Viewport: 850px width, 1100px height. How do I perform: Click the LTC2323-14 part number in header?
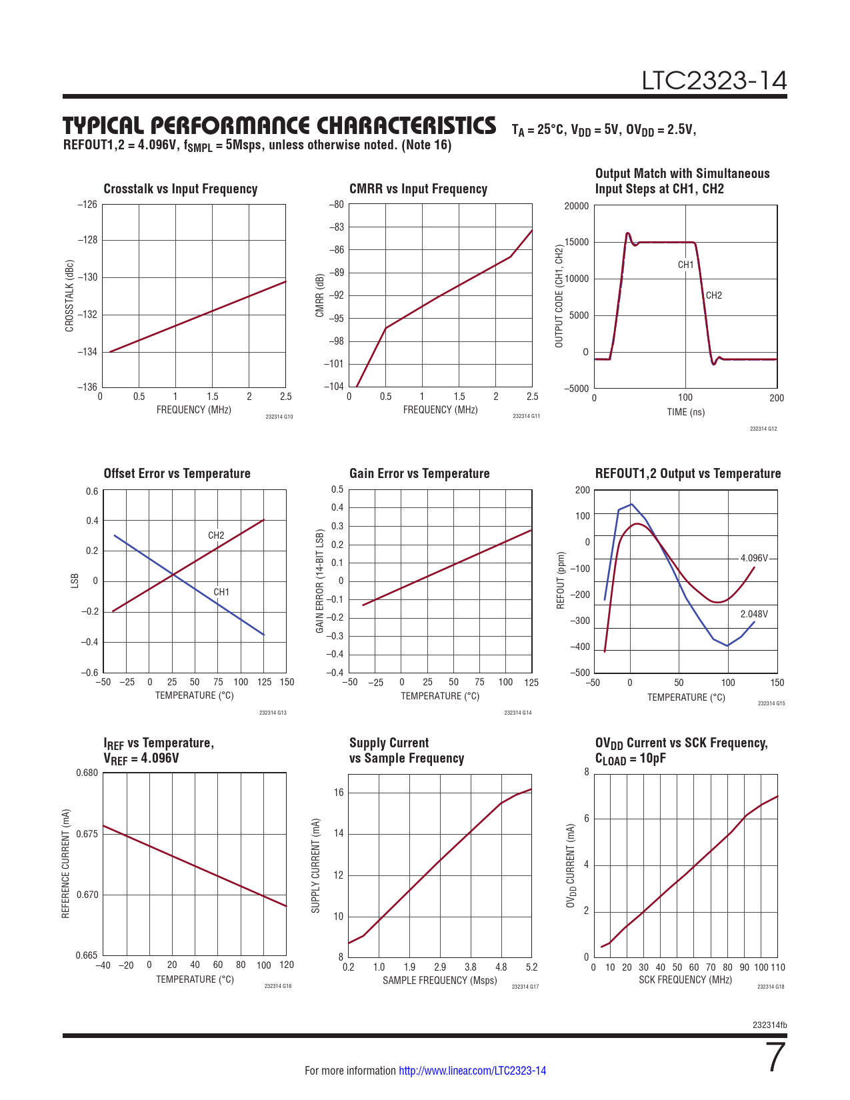[x=714, y=81]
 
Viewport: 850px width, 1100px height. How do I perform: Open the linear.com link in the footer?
[x=472, y=1071]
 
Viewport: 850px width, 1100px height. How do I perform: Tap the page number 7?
[x=776, y=1057]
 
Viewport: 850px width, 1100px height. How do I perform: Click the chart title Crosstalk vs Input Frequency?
[x=180, y=189]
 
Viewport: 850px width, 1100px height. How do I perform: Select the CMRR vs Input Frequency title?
[x=418, y=189]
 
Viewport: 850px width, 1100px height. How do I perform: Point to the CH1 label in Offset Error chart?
[x=221, y=592]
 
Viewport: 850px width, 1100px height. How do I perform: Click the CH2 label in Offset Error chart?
[x=216, y=535]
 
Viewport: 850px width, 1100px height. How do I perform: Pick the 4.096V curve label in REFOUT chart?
[x=754, y=558]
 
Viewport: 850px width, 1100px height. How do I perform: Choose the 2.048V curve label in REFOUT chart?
[x=754, y=614]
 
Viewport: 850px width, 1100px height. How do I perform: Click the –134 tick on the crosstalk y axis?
[x=87, y=352]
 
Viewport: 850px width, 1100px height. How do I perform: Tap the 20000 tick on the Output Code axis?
[x=577, y=206]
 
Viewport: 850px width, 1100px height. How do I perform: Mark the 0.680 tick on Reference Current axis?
[x=87, y=773]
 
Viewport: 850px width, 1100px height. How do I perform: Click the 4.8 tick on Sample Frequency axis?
[x=501, y=967]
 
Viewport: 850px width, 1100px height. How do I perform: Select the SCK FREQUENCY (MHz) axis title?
[x=685, y=980]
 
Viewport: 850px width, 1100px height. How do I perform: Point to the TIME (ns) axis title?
[x=685, y=412]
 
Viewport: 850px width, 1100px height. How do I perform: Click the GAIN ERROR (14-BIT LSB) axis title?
[x=320, y=581]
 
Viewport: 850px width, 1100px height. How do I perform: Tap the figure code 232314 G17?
[x=525, y=987]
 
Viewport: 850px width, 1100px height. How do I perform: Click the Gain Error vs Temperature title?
[x=419, y=473]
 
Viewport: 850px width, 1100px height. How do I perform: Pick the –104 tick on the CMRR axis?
[x=334, y=387]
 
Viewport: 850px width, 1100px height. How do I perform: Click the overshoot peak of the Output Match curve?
[x=627, y=233]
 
